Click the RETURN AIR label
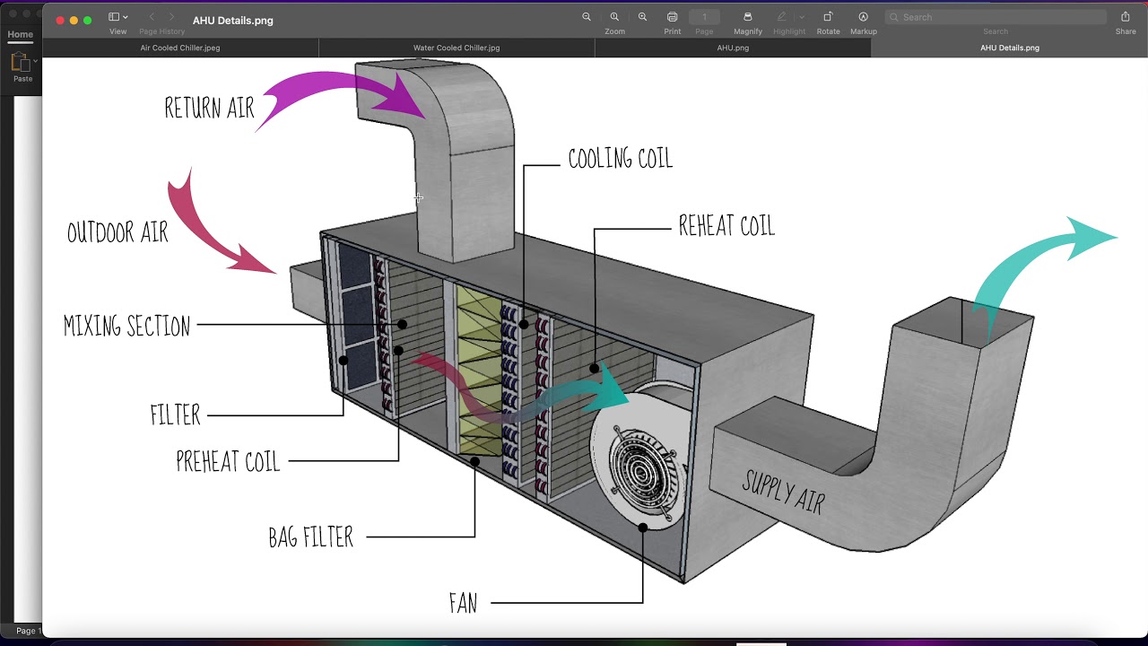click(209, 108)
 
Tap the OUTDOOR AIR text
click(117, 232)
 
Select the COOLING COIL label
click(620, 158)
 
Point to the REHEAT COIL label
click(726, 225)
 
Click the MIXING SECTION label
click(126, 326)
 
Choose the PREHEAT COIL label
click(228, 461)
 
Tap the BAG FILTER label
click(310, 537)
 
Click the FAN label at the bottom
click(464, 603)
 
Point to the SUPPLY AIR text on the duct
click(783, 493)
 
